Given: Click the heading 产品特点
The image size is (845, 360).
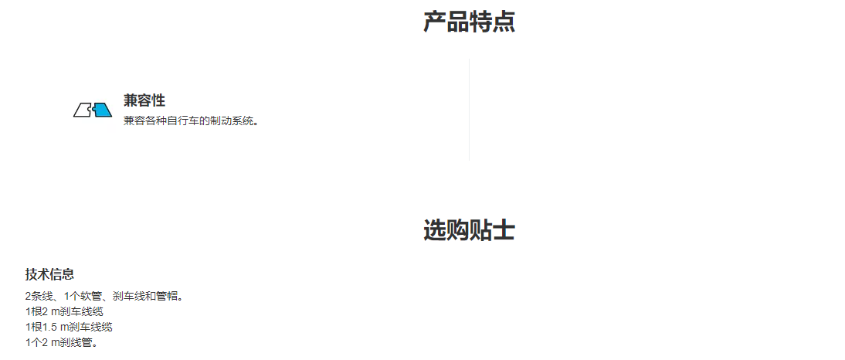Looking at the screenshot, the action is (469, 22).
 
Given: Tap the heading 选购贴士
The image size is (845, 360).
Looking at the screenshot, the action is (469, 230).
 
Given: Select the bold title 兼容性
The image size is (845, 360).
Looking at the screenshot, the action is (144, 100).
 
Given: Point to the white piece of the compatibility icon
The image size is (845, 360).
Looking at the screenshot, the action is (83, 110).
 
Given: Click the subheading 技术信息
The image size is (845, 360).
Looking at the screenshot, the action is (49, 274).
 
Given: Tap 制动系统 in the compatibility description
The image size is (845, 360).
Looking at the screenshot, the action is (234, 121).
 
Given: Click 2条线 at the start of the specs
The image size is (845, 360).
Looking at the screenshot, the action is (37, 296).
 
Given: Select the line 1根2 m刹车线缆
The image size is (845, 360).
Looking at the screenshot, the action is (64, 311).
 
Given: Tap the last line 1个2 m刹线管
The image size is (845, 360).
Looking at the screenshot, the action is (62, 342).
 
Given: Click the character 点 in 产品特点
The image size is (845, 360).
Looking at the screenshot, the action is (504, 22).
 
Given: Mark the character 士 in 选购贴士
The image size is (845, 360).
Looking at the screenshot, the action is (504, 230).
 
